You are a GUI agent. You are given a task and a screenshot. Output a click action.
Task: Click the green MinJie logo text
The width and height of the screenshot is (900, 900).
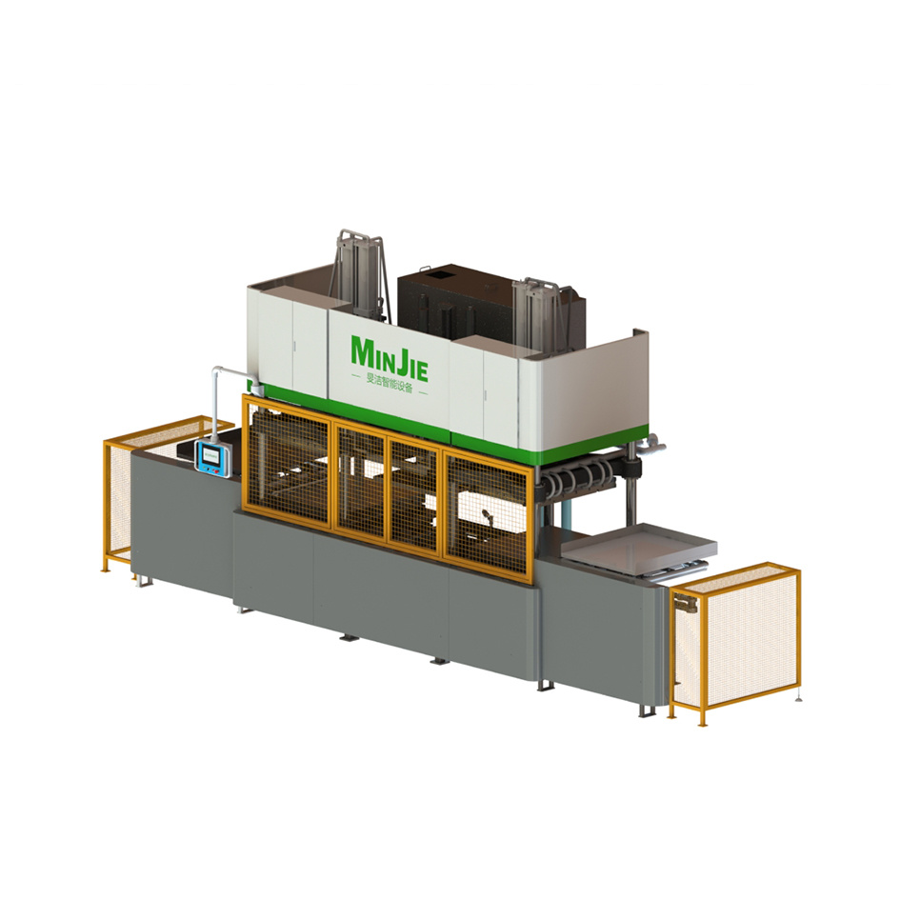(x=390, y=352)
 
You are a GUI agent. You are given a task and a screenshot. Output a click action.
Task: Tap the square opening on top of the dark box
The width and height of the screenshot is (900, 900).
(x=441, y=272)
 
